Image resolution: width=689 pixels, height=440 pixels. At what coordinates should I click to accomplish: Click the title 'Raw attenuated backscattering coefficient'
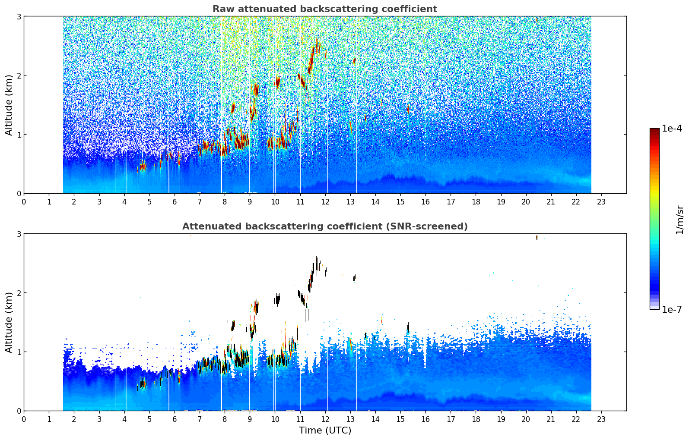(x=324, y=9)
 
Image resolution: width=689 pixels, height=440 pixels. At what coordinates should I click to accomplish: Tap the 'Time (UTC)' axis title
(x=325, y=431)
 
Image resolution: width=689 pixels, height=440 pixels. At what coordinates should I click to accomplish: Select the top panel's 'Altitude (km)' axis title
(x=9, y=105)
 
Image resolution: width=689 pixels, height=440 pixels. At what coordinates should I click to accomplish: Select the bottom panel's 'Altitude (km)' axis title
(x=9, y=322)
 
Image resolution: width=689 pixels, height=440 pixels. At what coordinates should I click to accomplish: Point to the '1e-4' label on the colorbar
(x=672, y=129)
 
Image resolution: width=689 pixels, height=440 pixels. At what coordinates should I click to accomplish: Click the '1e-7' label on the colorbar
(x=672, y=309)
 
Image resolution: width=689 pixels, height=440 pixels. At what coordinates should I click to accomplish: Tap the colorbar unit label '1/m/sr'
(x=679, y=220)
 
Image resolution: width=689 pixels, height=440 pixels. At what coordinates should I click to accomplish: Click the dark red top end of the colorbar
(x=654, y=130)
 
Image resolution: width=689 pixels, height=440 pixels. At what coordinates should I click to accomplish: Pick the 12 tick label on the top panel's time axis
(x=325, y=201)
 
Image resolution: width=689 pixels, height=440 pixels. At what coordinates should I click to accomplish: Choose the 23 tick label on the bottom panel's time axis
(x=601, y=419)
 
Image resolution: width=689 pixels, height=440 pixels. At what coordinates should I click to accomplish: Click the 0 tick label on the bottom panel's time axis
(x=24, y=419)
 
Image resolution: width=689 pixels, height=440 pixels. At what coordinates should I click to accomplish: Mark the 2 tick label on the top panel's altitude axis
(x=19, y=75)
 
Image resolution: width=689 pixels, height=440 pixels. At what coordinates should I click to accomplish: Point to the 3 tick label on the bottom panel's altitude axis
(x=19, y=234)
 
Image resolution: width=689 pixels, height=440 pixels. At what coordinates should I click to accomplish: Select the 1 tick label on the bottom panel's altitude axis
(x=19, y=352)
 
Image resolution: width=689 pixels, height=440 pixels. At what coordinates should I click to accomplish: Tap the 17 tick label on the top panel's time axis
(x=451, y=201)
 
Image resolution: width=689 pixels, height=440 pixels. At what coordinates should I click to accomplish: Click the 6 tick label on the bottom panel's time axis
(x=175, y=419)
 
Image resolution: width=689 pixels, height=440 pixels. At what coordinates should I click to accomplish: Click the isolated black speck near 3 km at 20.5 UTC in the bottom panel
(x=537, y=237)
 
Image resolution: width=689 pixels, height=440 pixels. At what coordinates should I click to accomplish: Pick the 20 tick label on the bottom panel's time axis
(x=526, y=419)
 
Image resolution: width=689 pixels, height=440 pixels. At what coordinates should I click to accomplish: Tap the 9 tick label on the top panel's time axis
(x=250, y=201)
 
